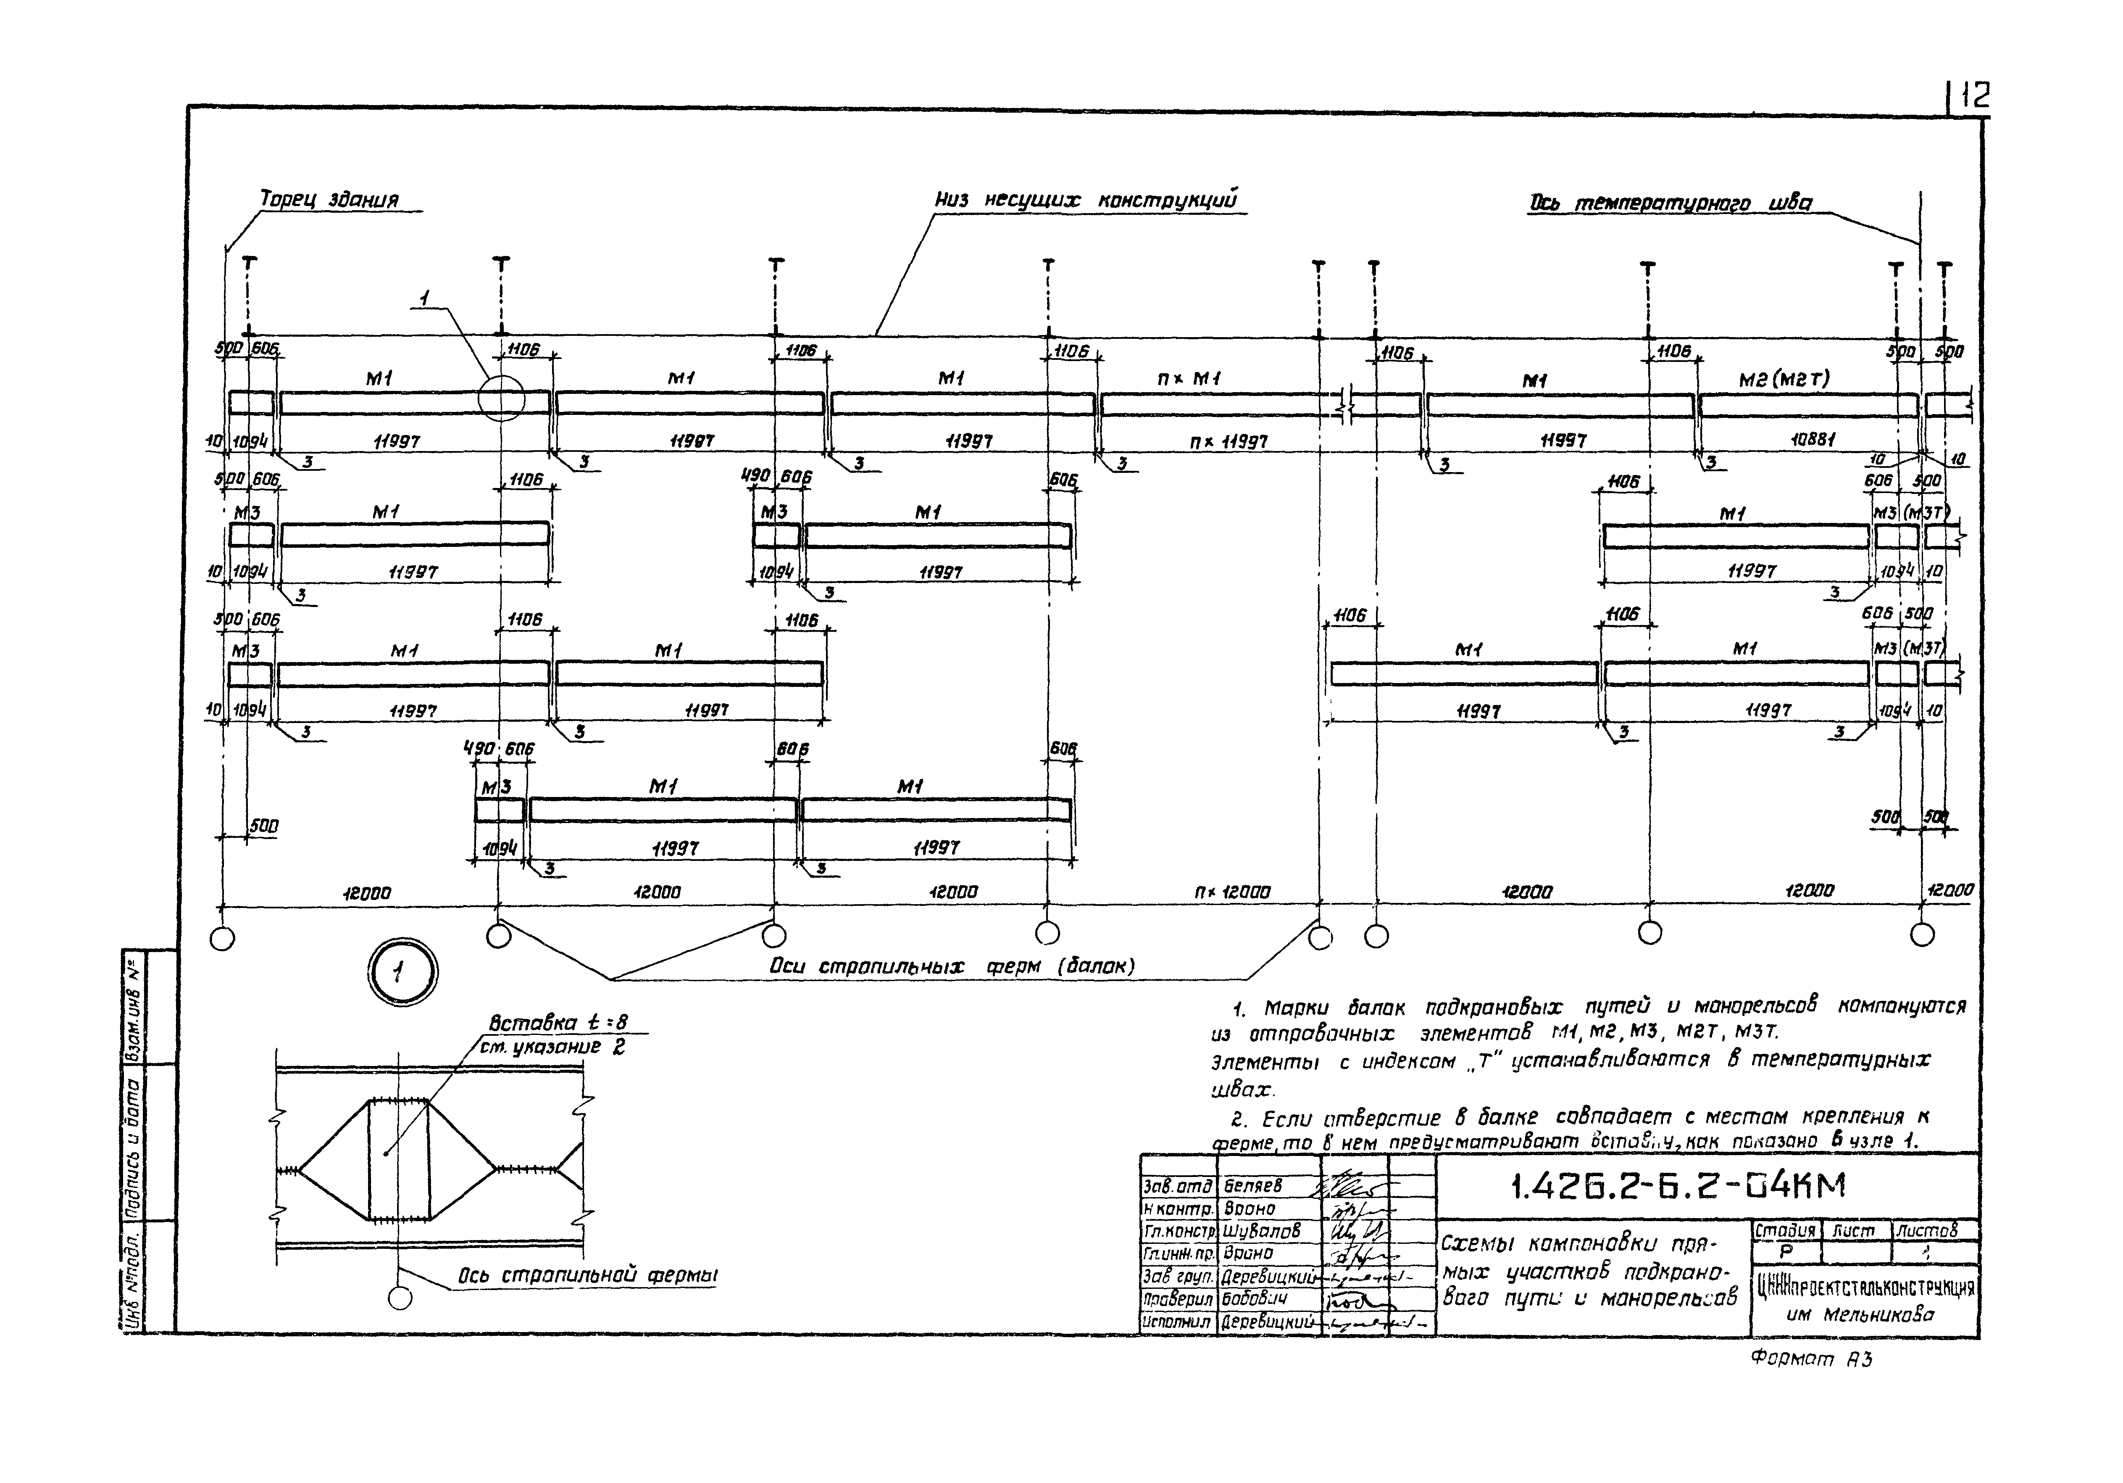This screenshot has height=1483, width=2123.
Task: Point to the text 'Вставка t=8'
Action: [x=558, y=1022]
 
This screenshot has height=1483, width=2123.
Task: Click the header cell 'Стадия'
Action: [x=1785, y=1230]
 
